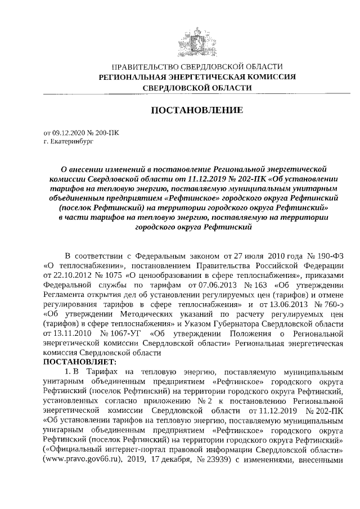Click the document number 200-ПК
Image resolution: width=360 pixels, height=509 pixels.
coord(106,133)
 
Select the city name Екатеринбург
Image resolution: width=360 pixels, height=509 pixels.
coord(71,142)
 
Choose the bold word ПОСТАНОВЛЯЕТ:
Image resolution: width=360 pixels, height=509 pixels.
coord(79,361)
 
